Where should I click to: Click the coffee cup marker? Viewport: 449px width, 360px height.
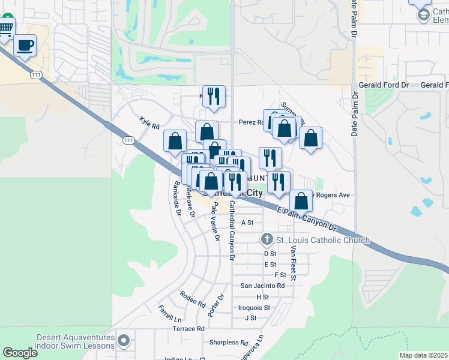pyautogui.click(x=25, y=45)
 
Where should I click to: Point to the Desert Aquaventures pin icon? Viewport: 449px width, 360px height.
pyautogui.click(x=124, y=341)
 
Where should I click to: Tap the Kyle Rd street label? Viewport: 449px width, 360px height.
pyautogui.click(x=149, y=126)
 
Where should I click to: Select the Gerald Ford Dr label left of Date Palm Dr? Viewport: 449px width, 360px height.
pyautogui.click(x=384, y=85)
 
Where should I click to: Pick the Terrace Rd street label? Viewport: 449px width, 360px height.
pyautogui.click(x=188, y=329)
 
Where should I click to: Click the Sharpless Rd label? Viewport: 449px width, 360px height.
pyautogui.click(x=229, y=343)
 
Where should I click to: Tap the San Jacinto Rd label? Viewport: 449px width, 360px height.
pyautogui.click(x=262, y=286)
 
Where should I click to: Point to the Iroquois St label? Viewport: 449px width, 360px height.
pyautogui.click(x=255, y=307)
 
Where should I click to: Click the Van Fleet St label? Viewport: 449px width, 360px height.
pyautogui.click(x=293, y=262)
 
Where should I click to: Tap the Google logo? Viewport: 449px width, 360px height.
pyautogui.click(x=20, y=353)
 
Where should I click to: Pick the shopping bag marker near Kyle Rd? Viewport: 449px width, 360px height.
pyautogui.click(x=175, y=142)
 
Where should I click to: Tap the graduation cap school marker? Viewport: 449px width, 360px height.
pyautogui.click(x=424, y=13)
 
